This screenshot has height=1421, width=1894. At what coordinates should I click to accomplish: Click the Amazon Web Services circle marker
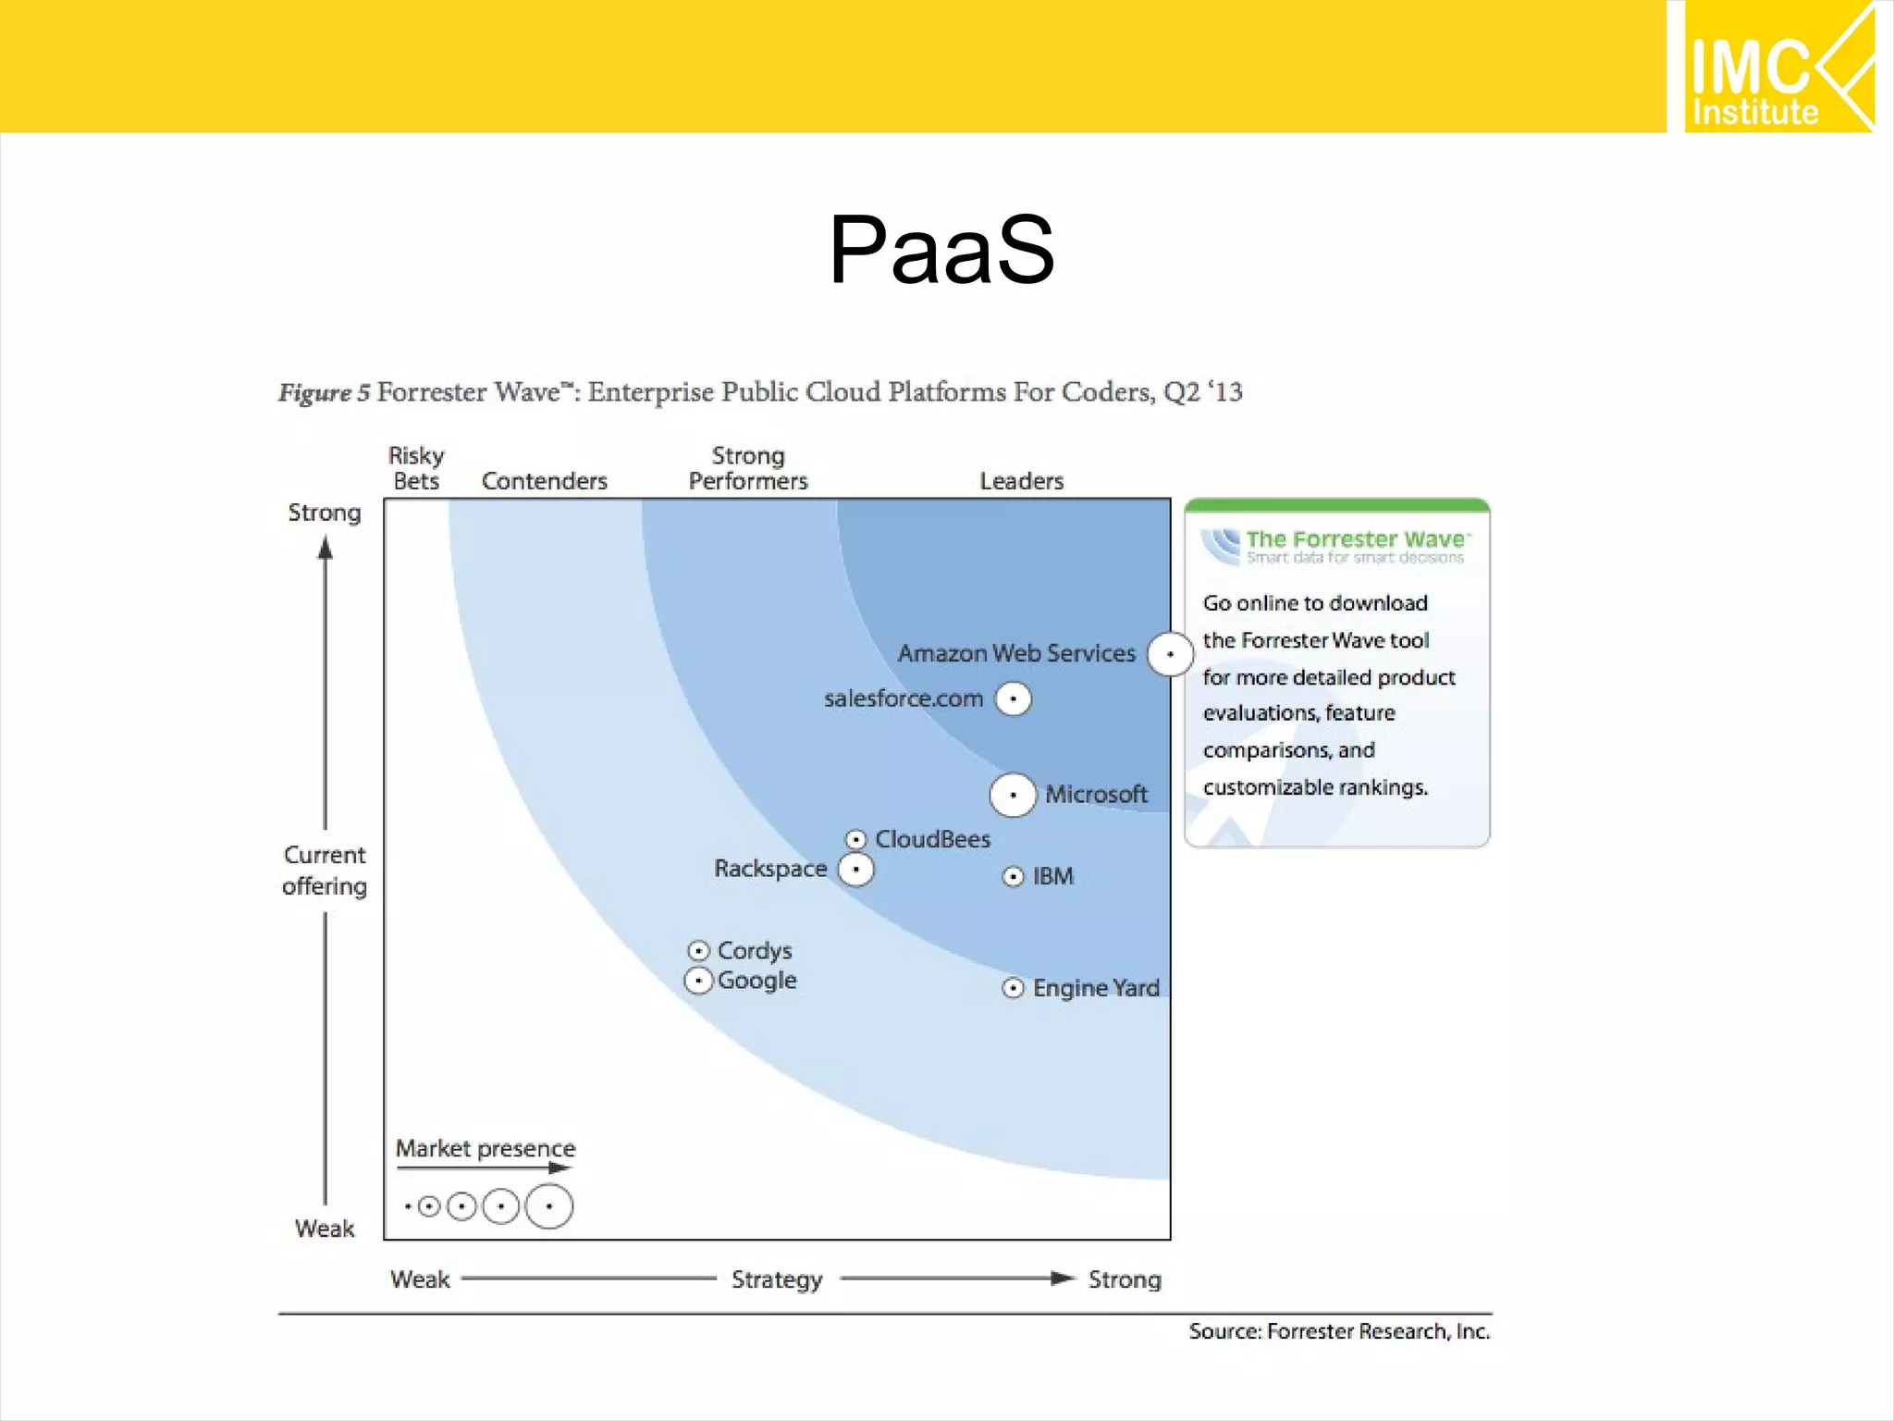coord(1170,654)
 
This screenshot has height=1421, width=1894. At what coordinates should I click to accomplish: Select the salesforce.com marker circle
coord(1013,698)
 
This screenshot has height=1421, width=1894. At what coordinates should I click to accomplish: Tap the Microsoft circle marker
coord(1013,795)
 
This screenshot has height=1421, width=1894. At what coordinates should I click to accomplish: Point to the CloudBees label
coord(932,839)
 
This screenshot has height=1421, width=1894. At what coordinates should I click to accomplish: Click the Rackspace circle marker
coord(855,870)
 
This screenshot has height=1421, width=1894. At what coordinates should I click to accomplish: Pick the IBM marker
coord(1014,876)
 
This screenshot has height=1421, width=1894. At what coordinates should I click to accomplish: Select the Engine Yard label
coord(1096,988)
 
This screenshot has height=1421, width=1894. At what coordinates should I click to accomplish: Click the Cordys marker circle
coord(699,951)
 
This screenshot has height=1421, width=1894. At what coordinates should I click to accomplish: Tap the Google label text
coord(756,981)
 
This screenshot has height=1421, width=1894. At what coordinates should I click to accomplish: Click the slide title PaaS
coord(941,250)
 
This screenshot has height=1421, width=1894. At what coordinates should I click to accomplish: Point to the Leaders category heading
coord(1021,481)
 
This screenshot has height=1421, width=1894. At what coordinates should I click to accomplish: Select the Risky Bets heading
coord(416,468)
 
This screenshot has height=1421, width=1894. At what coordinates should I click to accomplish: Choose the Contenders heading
coord(544,481)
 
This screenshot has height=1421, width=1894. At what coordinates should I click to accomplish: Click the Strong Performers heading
coord(748,468)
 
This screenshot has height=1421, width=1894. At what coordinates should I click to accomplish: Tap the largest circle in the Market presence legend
coord(549,1206)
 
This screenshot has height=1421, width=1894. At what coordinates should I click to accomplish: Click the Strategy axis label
coord(777,1279)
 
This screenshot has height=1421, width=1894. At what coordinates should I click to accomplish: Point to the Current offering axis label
coord(325,870)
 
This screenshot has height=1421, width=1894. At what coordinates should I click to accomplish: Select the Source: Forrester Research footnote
coord(1338,1331)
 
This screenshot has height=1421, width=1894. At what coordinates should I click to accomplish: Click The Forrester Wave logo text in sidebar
coord(1355,539)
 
